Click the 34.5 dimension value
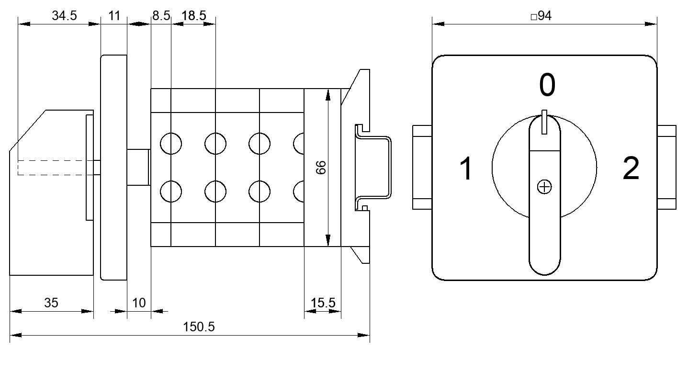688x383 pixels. coord(64,15)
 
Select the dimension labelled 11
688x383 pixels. coord(114,15)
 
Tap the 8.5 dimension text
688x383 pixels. coord(161,15)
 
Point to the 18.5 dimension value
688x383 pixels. coord(194,15)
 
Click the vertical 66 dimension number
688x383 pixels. coord(321,168)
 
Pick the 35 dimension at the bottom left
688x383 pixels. coord(51,303)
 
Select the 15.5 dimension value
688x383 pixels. coord(323,303)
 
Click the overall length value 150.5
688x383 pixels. coord(199,327)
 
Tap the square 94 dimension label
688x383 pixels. coord(541,16)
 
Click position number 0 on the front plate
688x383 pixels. coord(547,84)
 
